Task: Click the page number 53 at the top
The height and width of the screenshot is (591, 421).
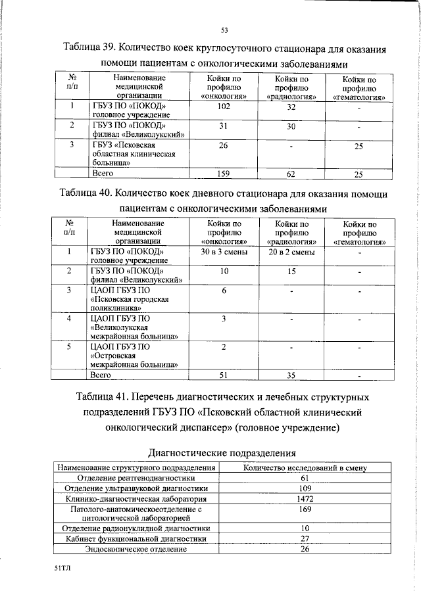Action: [x=224, y=30]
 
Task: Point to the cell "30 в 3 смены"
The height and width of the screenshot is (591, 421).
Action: [x=223, y=252]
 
